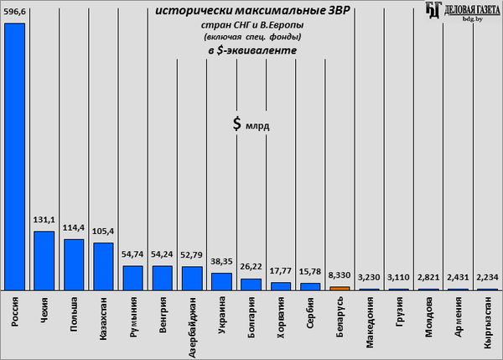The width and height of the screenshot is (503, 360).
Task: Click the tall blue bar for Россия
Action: pyautogui.click(x=14, y=155)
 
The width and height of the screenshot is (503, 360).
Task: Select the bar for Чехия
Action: pyautogui.click(x=44, y=260)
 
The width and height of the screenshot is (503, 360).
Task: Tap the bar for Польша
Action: pyautogui.click(x=74, y=263)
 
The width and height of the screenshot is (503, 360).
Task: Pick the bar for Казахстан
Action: pyautogui.click(x=103, y=266)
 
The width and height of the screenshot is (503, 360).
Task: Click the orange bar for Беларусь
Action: pyautogui.click(x=339, y=288)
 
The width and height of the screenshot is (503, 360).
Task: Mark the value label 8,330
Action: pyautogui.click(x=339, y=276)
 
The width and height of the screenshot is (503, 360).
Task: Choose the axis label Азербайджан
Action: pyautogui.click(x=192, y=326)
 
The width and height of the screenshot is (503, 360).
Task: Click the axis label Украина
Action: pyautogui.click(x=221, y=319)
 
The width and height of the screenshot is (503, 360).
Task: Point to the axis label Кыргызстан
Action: pyautogui.click(x=486, y=325)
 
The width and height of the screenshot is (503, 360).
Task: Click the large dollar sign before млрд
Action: pyautogui.click(x=238, y=124)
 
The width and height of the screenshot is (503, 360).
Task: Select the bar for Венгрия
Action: pyautogui.click(x=162, y=278)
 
